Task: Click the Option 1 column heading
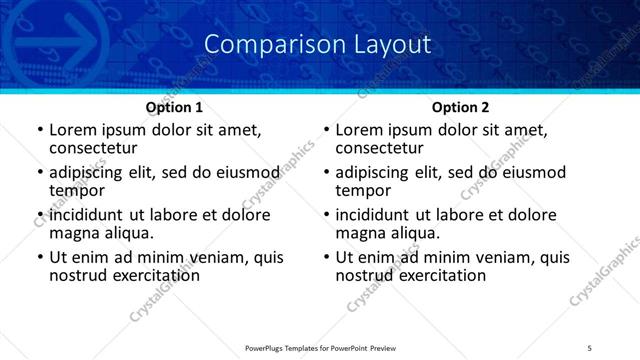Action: [x=174, y=107]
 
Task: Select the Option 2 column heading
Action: [x=460, y=107]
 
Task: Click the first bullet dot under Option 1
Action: [x=40, y=131]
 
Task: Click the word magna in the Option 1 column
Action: [x=76, y=232]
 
